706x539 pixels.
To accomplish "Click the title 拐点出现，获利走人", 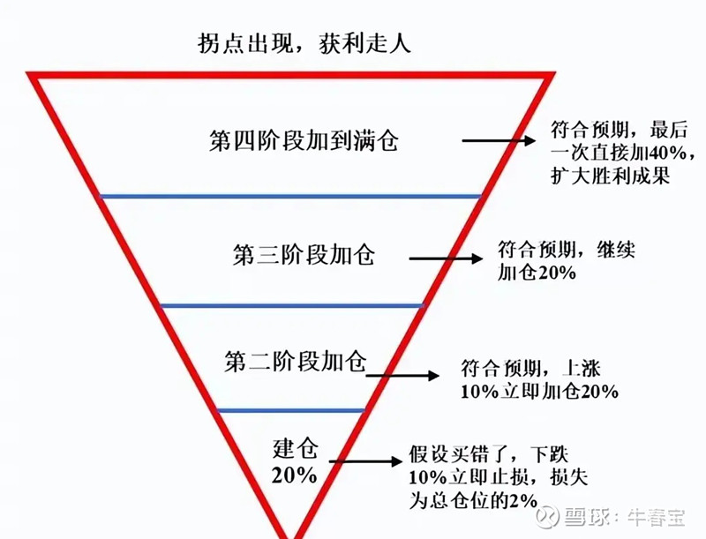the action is pyautogui.click(x=304, y=43).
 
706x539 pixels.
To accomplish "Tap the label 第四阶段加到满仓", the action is pyautogui.click(x=304, y=140).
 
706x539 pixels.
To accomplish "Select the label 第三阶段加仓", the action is pyautogui.click(x=304, y=254).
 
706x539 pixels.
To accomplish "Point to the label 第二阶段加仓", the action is pyautogui.click(x=296, y=361).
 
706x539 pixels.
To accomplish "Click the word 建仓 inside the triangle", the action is pyautogui.click(x=296, y=448).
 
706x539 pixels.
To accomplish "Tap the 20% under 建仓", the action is pyautogui.click(x=295, y=475).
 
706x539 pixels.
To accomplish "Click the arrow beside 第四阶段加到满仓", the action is pyautogui.click(x=499, y=140).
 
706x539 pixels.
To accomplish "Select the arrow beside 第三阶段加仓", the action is pyautogui.click(x=446, y=258).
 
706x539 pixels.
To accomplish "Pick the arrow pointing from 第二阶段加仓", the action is pyautogui.click(x=402, y=375).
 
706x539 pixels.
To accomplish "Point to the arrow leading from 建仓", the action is pyautogui.click(x=365, y=461).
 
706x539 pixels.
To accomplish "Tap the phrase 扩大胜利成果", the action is pyautogui.click(x=611, y=175).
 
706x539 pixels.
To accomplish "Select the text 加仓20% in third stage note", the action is pyautogui.click(x=537, y=273).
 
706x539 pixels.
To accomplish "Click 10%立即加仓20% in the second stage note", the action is pyautogui.click(x=539, y=391).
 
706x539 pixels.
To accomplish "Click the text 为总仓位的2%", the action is pyautogui.click(x=473, y=500).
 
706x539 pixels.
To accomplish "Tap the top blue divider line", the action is pyautogui.click(x=290, y=196).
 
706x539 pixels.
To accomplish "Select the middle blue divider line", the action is pyautogui.click(x=292, y=306).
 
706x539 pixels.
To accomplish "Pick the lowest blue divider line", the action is pyautogui.click(x=291, y=410).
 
